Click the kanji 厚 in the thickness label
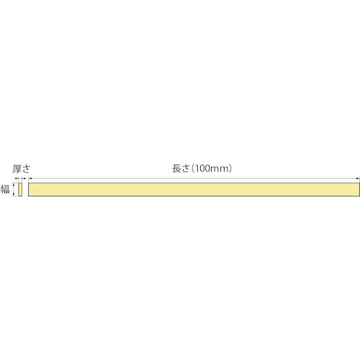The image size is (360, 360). coord(17,168)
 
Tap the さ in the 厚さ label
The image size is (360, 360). coord(26,168)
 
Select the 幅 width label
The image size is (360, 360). coord(5,189)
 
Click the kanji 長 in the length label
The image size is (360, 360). coord(176,168)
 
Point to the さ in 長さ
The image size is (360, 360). coord(186,168)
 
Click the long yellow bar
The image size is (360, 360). coord(193,189)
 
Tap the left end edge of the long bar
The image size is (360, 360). coord(28,189)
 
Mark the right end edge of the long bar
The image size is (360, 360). coord(358,189)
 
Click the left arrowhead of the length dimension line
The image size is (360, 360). coord(30,179)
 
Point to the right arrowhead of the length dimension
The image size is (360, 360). coord(357,179)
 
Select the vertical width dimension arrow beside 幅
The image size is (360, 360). coord(14,189)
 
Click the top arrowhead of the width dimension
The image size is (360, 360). coord(14,184)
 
